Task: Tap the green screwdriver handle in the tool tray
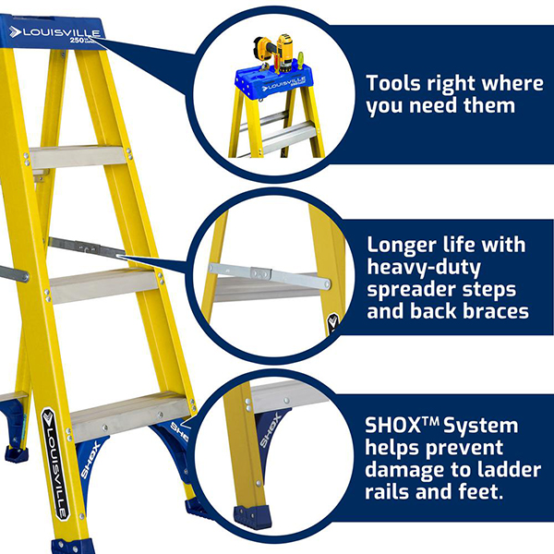[300, 60]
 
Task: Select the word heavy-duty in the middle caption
[424, 268]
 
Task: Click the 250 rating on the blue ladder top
[77, 41]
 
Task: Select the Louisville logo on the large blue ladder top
[54, 32]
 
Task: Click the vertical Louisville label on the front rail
[54, 464]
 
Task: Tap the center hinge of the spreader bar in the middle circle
[260, 272]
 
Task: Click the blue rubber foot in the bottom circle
[252, 518]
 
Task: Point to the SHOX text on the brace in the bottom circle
[271, 431]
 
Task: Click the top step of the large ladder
[78, 157]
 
